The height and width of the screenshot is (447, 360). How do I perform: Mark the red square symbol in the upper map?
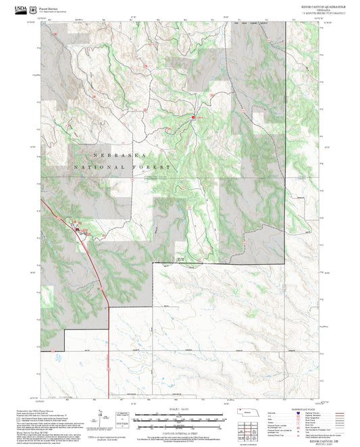click(x=192, y=117)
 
